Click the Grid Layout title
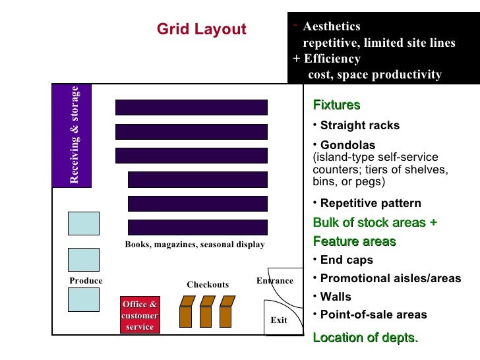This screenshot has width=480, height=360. coord(201,30)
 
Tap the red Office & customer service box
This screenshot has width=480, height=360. coord(140,315)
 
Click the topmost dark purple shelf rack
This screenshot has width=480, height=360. coord(191,107)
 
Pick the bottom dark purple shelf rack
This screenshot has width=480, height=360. coord(197,227)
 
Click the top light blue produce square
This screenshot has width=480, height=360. coord(84,224)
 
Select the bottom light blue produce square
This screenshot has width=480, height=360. coord(84,299)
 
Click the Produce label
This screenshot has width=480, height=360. coord(86,281)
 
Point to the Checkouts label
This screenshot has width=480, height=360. coord(208,285)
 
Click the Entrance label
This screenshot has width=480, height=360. coord(274,281)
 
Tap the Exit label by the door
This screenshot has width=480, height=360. coord(279,320)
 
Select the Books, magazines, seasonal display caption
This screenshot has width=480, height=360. coord(195,245)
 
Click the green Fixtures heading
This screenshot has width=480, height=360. coord(336,105)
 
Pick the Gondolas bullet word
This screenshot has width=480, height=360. coord(347,145)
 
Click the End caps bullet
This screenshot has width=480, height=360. coord(346,260)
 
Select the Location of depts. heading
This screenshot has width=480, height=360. coord(365,338)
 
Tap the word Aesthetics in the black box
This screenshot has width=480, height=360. coord(331,26)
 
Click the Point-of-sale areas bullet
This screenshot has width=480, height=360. coord(373,315)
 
